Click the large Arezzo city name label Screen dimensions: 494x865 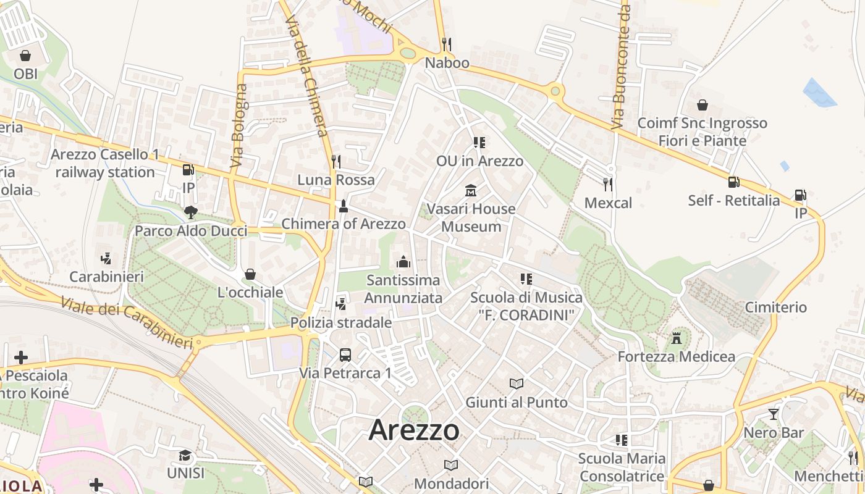click(x=414, y=430)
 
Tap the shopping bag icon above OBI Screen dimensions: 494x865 click(x=25, y=56)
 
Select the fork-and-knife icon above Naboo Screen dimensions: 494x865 click(x=447, y=44)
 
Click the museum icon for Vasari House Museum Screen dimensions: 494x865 click(x=471, y=190)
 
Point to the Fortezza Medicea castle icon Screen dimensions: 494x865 click(x=677, y=338)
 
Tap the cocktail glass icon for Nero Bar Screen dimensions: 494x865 click(x=774, y=414)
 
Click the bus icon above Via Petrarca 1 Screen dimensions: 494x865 click(x=345, y=355)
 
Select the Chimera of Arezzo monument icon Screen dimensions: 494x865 click(x=344, y=206)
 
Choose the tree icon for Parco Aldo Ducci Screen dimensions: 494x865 click(x=190, y=213)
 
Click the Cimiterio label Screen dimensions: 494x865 click(x=775, y=307)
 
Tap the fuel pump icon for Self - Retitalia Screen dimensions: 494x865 click(x=733, y=182)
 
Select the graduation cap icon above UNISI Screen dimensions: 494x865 click(x=185, y=456)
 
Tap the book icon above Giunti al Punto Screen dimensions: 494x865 click(x=517, y=384)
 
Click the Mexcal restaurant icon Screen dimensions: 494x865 click(x=608, y=184)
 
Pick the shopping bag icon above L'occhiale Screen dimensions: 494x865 click(x=250, y=274)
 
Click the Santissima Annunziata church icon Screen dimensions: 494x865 click(x=403, y=262)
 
